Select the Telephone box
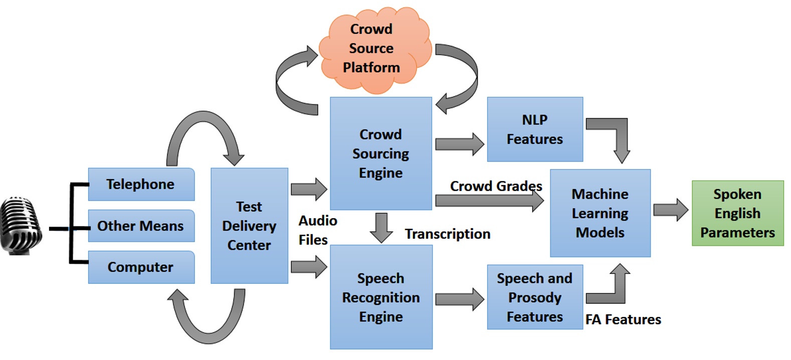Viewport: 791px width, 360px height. pos(141,184)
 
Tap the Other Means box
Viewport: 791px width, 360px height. pos(141,226)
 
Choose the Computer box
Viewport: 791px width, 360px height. pos(141,267)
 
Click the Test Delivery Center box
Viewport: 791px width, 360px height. pos(249,226)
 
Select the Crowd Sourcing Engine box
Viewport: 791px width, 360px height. pos(380,153)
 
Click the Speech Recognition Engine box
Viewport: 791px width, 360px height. pos(381,297)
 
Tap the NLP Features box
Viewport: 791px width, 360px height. pos(535,129)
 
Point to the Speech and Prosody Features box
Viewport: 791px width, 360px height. pos(535,297)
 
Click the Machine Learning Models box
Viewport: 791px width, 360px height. pos(600,213)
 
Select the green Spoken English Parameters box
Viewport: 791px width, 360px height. pos(737,213)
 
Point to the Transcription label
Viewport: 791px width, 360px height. pos(448,234)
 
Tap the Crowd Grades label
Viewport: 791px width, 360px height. pos(496,186)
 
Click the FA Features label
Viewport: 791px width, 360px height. pos(623,319)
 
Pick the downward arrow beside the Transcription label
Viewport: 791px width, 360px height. pos(381,227)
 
